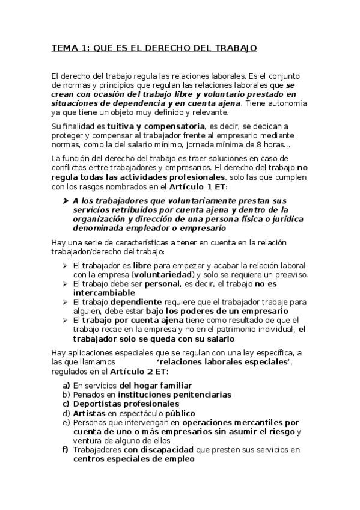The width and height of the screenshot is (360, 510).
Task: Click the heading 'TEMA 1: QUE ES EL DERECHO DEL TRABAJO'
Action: [154, 49]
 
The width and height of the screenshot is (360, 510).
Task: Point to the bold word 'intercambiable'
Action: [105, 293]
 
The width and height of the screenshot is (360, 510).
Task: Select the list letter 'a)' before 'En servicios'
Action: [67, 385]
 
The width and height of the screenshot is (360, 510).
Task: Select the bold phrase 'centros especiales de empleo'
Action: [134, 459]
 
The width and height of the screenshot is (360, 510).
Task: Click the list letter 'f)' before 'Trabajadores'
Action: [66, 450]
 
